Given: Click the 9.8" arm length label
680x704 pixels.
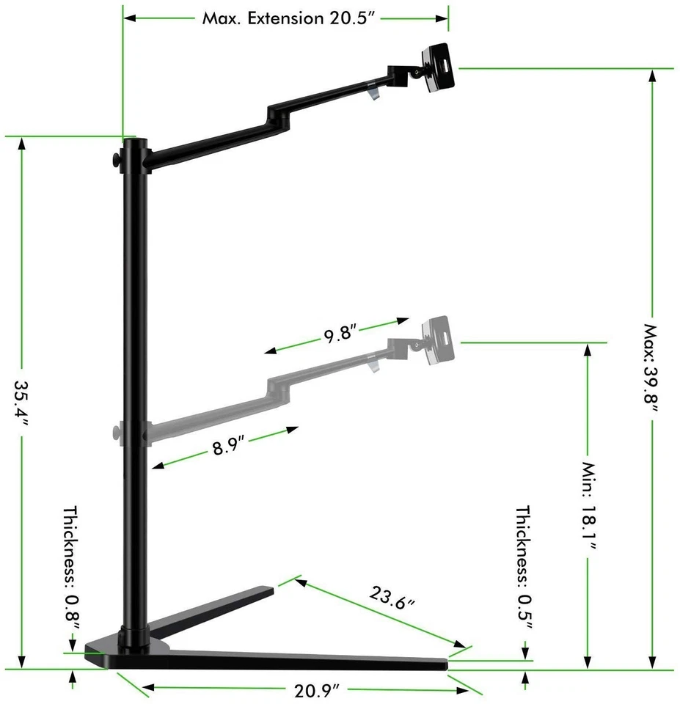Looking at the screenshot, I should pyautogui.click(x=340, y=334).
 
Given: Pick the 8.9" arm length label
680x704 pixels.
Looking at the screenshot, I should pyautogui.click(x=228, y=445).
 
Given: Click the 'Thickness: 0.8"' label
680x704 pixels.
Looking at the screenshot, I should pyautogui.click(x=70, y=566).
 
